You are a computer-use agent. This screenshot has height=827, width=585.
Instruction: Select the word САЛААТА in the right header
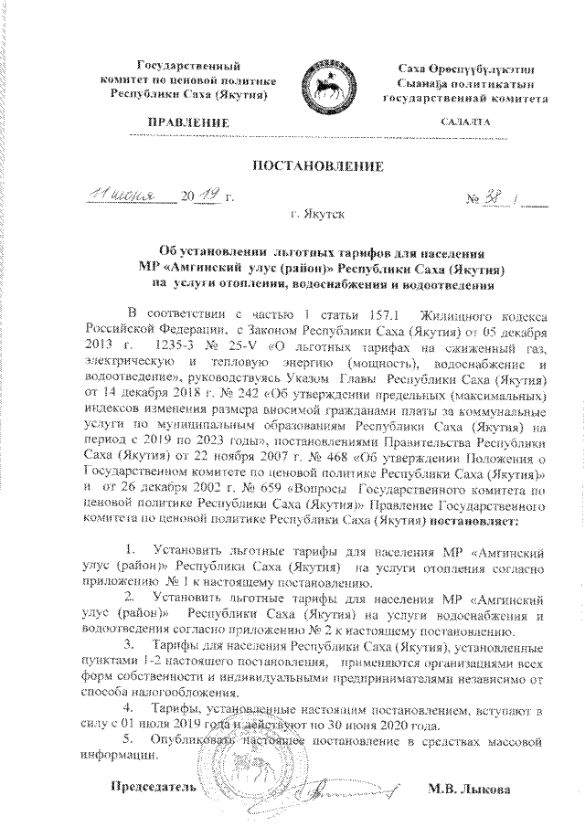(x=464, y=122)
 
